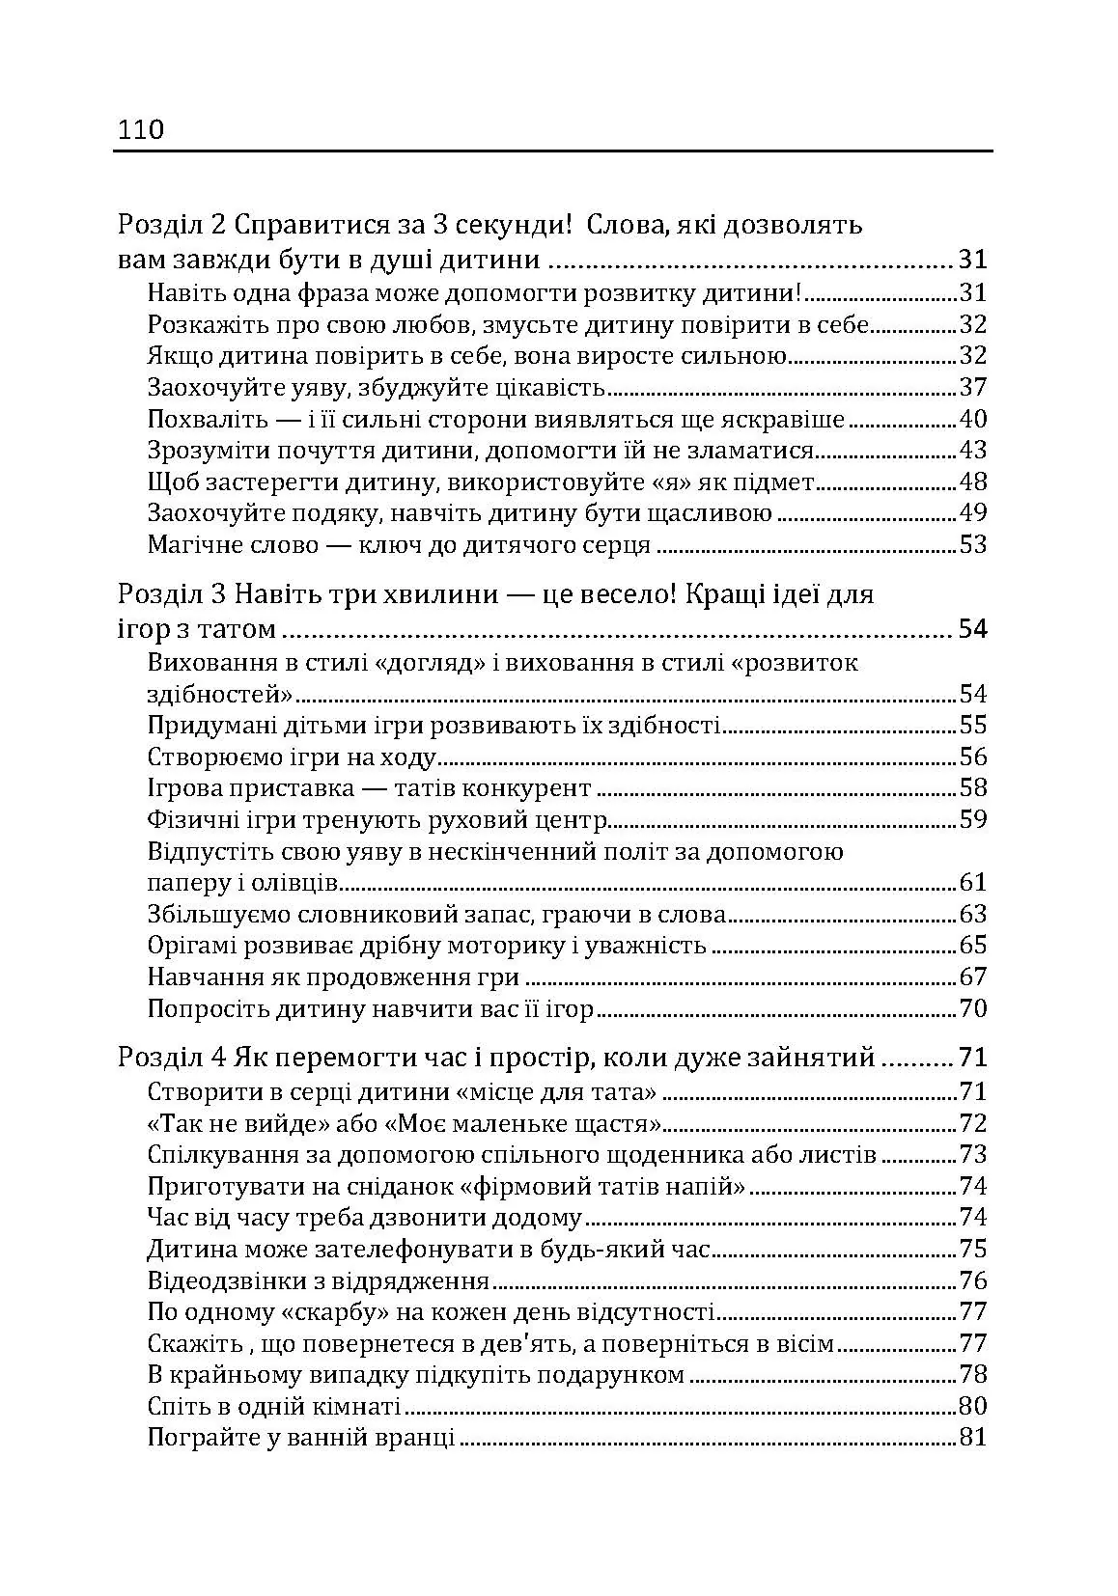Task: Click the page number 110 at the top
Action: [141, 129]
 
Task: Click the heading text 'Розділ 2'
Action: [172, 225]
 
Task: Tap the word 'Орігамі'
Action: [192, 946]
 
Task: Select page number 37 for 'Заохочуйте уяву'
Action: [973, 387]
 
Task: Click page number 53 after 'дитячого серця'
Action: [973, 544]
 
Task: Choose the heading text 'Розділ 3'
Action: [172, 593]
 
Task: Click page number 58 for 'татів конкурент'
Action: [973, 787]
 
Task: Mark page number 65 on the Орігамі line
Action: [973, 946]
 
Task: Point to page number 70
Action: [973, 1009]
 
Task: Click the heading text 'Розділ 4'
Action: [172, 1058]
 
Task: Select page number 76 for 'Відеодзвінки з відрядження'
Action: [973, 1280]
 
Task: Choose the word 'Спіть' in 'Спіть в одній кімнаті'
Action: [175, 1406]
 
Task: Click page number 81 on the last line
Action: [973, 1437]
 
